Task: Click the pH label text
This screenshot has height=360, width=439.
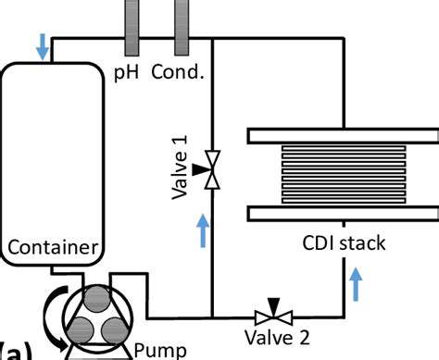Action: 126,71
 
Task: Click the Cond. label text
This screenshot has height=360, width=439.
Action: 177,71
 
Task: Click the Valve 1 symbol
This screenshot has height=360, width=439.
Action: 212,171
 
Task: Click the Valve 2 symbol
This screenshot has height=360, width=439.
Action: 272,314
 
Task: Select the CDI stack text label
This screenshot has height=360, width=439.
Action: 344,244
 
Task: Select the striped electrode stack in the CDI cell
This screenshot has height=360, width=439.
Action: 342,174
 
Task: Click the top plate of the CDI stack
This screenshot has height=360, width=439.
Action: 342,135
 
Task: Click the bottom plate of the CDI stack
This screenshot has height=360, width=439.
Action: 342,214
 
